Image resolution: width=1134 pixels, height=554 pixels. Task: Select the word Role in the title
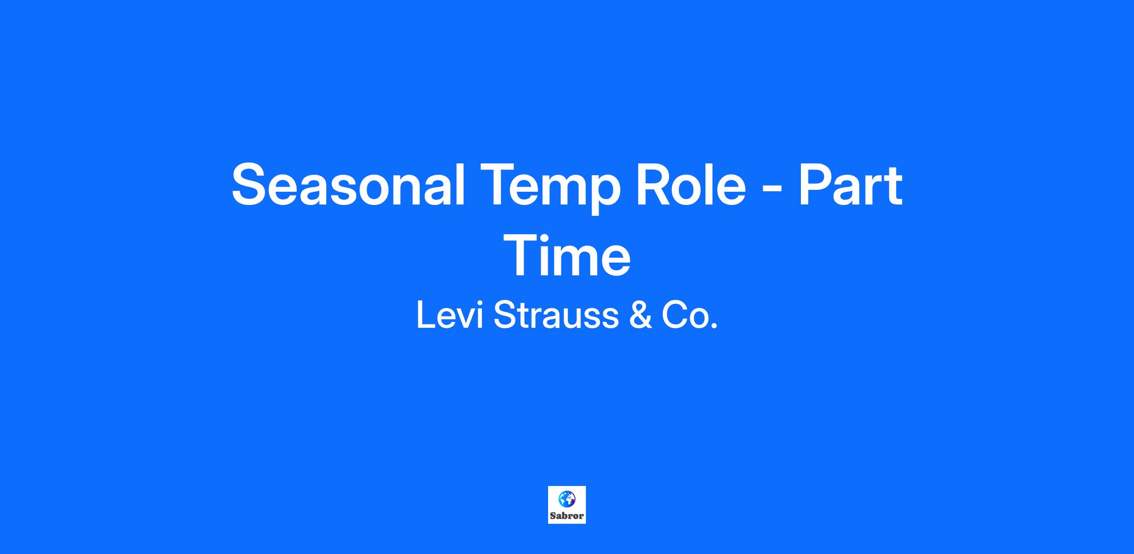(691, 184)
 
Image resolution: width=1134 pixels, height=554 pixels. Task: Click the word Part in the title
(850, 184)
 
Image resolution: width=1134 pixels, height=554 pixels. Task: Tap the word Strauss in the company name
(556, 315)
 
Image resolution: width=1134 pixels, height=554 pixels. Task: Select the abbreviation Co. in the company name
(689, 315)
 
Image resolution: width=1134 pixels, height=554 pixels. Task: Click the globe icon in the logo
(567, 499)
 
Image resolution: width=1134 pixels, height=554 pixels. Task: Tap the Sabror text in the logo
(567, 516)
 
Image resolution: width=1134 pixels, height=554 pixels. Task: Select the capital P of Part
(816, 184)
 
